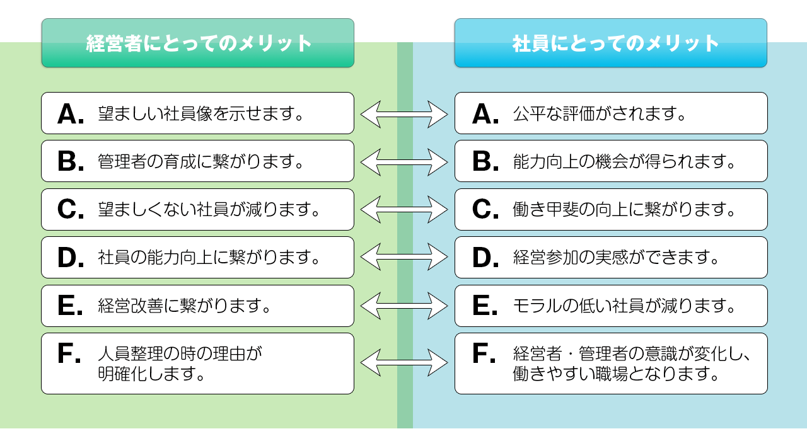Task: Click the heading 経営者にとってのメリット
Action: click(x=199, y=43)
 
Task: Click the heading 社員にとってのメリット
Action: click(x=616, y=43)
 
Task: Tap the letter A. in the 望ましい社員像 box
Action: click(x=71, y=114)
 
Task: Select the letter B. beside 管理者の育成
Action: click(x=71, y=161)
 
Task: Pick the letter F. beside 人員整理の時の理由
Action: click(x=69, y=353)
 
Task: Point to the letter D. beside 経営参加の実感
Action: click(x=485, y=258)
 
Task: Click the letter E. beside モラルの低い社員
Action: click(x=485, y=306)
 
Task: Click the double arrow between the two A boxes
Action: click(x=404, y=114)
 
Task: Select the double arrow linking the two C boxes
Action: click(x=404, y=210)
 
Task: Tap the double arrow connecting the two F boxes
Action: click(x=404, y=362)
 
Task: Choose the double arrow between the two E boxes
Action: click(x=404, y=306)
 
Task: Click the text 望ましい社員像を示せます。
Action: click(x=200, y=114)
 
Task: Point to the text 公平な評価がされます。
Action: click(x=599, y=114)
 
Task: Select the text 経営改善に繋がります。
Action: click(x=184, y=306)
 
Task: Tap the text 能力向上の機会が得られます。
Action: click(x=624, y=161)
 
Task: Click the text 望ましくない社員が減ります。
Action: click(x=209, y=210)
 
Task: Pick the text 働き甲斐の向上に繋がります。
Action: click(x=624, y=210)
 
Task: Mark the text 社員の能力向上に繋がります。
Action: click(x=209, y=258)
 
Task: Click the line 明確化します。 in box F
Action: click(x=151, y=374)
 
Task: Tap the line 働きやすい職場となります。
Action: click(x=616, y=374)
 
